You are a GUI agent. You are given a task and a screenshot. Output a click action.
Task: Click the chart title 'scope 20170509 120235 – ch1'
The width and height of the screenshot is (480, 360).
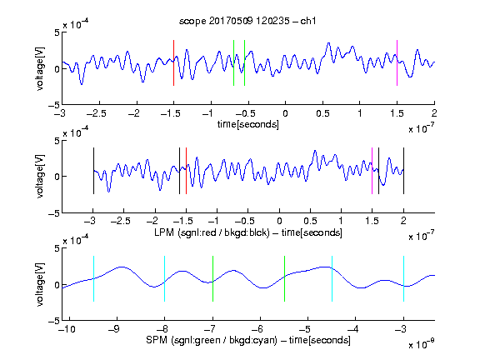point(247,21)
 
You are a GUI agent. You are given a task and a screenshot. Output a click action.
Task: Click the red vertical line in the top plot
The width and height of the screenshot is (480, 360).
point(173,62)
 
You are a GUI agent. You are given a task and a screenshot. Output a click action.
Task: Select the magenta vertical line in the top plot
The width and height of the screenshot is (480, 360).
point(397,62)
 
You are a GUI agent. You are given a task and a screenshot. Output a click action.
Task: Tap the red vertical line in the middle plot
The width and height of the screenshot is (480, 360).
point(186,171)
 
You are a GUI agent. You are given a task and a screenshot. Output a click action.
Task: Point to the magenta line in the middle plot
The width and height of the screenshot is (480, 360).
point(372,171)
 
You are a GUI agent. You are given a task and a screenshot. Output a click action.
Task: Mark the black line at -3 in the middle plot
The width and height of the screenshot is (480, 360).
point(93,171)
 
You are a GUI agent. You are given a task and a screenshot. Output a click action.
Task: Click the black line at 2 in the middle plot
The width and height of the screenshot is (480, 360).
point(403,171)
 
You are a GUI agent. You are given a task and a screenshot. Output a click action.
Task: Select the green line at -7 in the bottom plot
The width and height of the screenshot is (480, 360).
point(212,279)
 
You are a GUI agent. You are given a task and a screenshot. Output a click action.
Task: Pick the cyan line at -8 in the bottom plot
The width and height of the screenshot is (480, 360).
point(165,279)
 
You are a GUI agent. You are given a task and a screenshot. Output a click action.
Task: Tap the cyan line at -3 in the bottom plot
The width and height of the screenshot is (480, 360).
point(403,279)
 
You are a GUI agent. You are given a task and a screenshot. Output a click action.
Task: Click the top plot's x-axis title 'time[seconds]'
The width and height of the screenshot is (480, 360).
point(248,125)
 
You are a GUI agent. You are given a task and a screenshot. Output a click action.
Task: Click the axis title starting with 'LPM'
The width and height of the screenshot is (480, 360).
point(248,232)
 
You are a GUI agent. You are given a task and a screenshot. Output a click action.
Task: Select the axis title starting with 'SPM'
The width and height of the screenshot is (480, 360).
point(248,340)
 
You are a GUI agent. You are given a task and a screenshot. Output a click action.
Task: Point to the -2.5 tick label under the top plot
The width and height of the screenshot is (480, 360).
point(96,113)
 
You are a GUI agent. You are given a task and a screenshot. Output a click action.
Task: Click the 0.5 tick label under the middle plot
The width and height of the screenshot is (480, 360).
point(310,221)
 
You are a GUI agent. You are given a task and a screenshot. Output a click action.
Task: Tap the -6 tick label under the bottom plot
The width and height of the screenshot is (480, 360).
point(257,329)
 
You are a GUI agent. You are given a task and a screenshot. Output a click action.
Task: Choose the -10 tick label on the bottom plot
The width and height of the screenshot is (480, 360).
point(67,329)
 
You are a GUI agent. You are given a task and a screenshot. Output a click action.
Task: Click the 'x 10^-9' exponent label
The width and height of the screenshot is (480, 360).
point(422,344)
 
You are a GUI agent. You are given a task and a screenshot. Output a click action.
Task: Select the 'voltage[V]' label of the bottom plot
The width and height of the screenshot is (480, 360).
point(40,284)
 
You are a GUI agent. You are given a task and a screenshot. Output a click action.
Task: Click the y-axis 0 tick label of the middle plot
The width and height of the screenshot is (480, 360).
point(57,177)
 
